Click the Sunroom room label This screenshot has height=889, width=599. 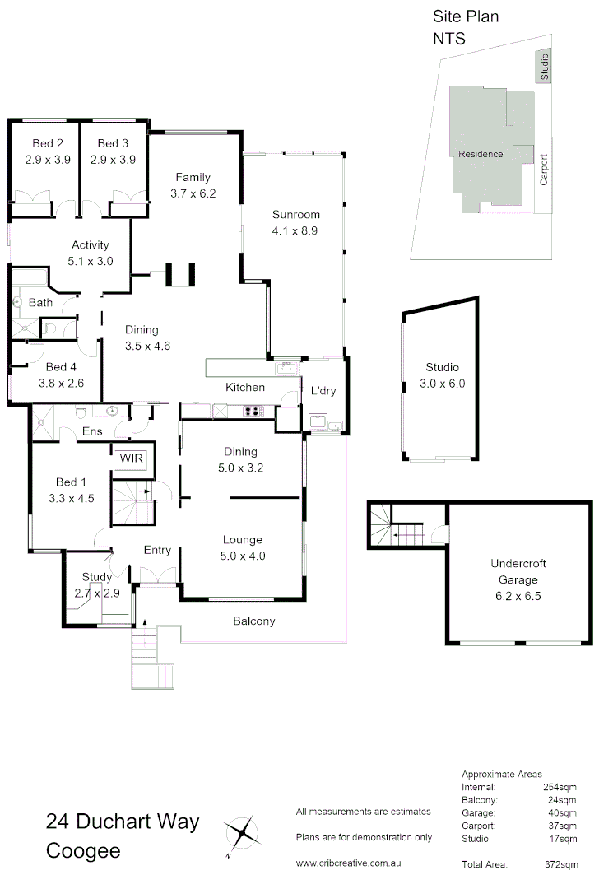click(295, 215)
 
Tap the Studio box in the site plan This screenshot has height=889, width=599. click(544, 67)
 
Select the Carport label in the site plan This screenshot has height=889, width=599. click(543, 169)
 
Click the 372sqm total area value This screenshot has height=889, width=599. click(564, 864)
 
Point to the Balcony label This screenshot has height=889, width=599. click(253, 621)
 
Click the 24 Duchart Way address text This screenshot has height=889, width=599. click(123, 821)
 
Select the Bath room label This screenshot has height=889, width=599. click(40, 303)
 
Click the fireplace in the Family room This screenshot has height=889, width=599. click(179, 274)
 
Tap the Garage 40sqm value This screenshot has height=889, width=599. click(564, 812)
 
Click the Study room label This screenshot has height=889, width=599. click(96, 578)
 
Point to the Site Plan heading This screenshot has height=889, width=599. click(466, 16)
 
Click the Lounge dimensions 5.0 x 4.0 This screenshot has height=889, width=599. click(243, 556)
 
